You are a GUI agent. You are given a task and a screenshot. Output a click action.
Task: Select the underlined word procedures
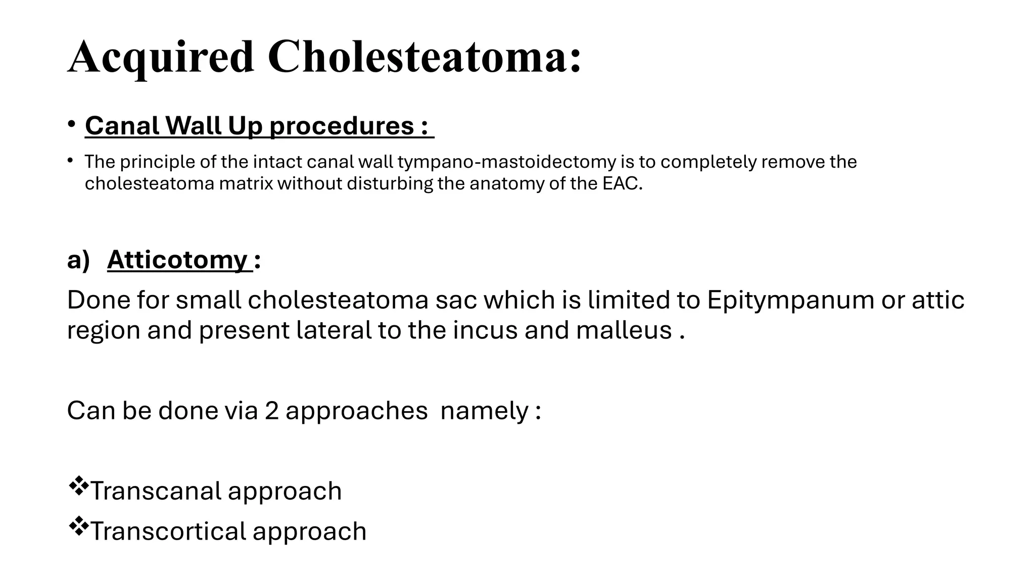point(342,125)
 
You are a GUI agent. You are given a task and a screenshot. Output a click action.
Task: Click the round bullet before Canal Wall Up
point(72,124)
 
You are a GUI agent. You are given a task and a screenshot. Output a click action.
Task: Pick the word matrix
point(246,183)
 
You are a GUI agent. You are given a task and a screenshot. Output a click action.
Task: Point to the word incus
point(486,330)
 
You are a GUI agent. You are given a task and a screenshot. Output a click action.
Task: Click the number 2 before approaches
point(271,410)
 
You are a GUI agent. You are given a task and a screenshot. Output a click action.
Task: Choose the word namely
point(484,410)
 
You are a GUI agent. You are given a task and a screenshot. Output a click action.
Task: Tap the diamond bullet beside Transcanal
point(77,486)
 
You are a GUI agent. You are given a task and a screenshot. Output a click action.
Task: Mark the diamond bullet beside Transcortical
point(77,526)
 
